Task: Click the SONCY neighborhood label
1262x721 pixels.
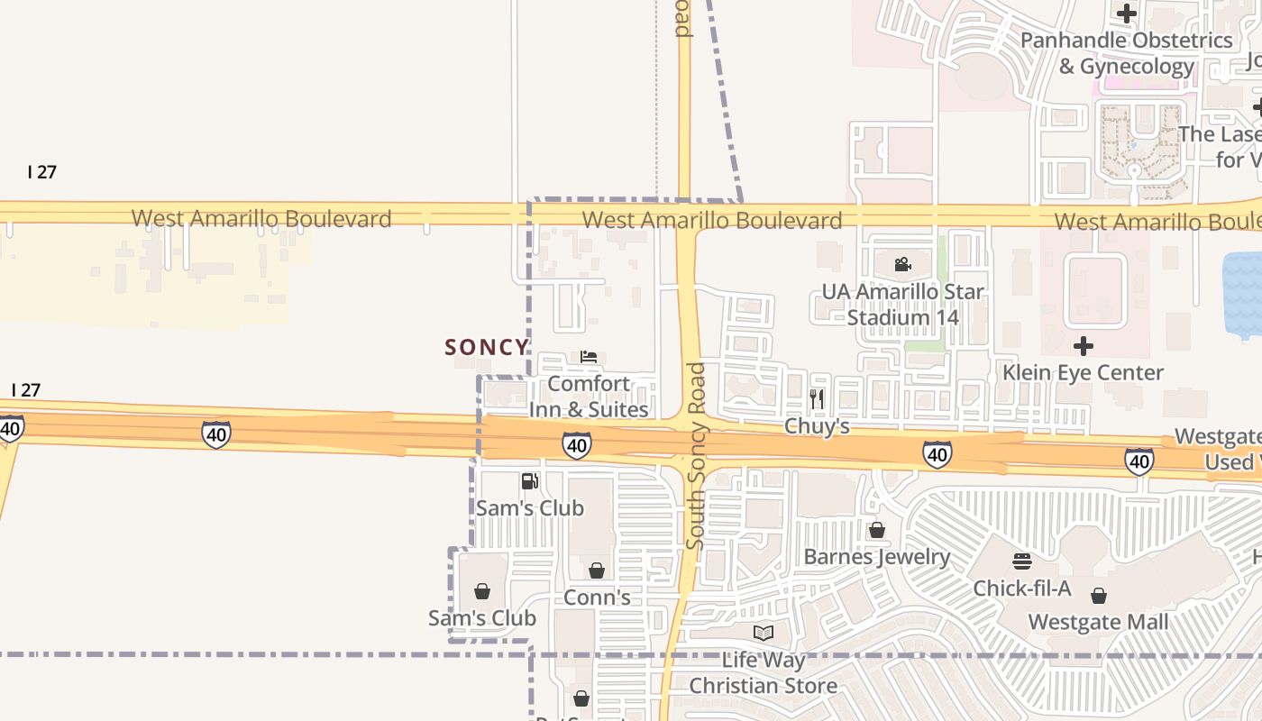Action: (x=487, y=347)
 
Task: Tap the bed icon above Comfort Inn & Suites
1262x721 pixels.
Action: (x=589, y=358)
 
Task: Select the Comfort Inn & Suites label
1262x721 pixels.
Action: (x=589, y=397)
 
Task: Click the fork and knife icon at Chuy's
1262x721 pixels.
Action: (x=817, y=398)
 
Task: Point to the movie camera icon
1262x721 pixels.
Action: (x=902, y=265)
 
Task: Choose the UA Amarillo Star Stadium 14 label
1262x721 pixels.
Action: (x=902, y=305)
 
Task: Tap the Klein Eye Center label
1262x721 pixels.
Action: (x=1083, y=372)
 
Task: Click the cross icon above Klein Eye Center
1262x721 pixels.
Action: (x=1084, y=346)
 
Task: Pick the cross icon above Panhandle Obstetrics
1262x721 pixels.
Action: (x=1126, y=14)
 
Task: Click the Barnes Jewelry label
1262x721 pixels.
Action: (x=876, y=557)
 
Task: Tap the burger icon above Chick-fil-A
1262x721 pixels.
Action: (x=1021, y=561)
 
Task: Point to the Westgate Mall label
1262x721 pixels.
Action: (x=1098, y=622)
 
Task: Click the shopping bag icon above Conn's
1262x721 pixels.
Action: (x=596, y=570)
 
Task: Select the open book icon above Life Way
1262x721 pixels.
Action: (x=764, y=633)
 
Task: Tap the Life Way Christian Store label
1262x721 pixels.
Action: (x=764, y=672)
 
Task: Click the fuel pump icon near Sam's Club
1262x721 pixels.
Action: (x=529, y=481)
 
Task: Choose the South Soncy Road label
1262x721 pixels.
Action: (x=695, y=455)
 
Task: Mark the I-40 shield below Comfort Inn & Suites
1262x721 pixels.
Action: (x=577, y=444)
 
